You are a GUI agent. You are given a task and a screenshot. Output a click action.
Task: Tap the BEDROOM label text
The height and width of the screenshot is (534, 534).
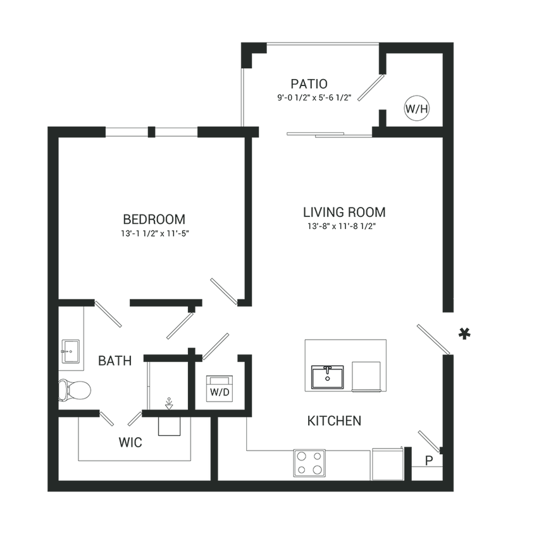[x=155, y=220]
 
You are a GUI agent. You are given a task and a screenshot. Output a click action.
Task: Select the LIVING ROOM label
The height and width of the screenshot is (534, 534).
[x=344, y=211]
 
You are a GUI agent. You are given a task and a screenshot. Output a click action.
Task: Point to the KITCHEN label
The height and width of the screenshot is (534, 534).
[x=334, y=421]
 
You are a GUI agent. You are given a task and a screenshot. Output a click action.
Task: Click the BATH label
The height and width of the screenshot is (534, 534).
[x=115, y=362]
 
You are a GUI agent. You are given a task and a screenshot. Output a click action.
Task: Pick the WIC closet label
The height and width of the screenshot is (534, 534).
[x=131, y=443]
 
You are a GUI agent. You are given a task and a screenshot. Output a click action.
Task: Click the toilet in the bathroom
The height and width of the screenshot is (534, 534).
[x=76, y=389]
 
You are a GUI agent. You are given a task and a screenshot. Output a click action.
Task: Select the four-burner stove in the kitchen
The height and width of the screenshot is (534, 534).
[x=309, y=463]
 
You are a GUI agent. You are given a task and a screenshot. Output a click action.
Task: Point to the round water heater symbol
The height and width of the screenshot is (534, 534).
[x=416, y=107]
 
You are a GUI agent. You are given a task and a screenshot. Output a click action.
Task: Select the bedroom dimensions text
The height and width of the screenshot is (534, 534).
[x=155, y=233]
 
